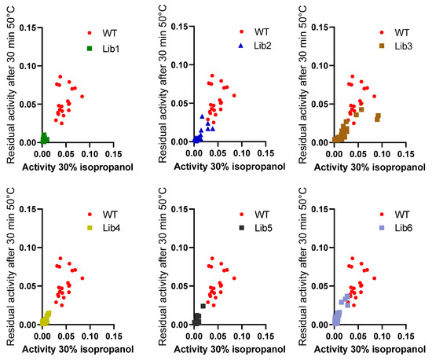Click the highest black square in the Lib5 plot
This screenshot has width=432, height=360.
[x=203, y=306]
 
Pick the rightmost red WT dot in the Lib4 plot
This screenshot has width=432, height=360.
[x=82, y=278]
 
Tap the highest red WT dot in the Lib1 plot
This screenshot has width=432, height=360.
[x=60, y=77]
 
